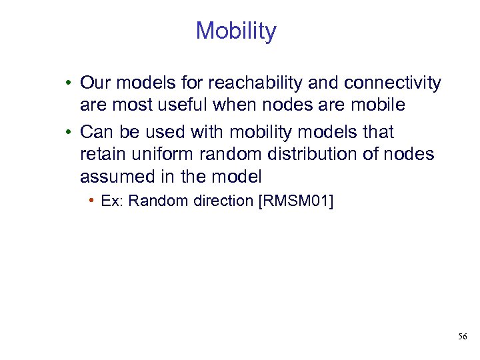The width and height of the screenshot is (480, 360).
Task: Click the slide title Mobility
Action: [235, 31]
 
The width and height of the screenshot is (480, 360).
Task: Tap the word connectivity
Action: [392, 83]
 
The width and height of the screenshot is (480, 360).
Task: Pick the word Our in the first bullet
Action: [95, 83]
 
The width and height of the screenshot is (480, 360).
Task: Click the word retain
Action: [101, 155]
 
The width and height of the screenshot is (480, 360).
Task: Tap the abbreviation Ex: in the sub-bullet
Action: [113, 201]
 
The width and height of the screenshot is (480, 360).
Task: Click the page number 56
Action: [463, 337]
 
